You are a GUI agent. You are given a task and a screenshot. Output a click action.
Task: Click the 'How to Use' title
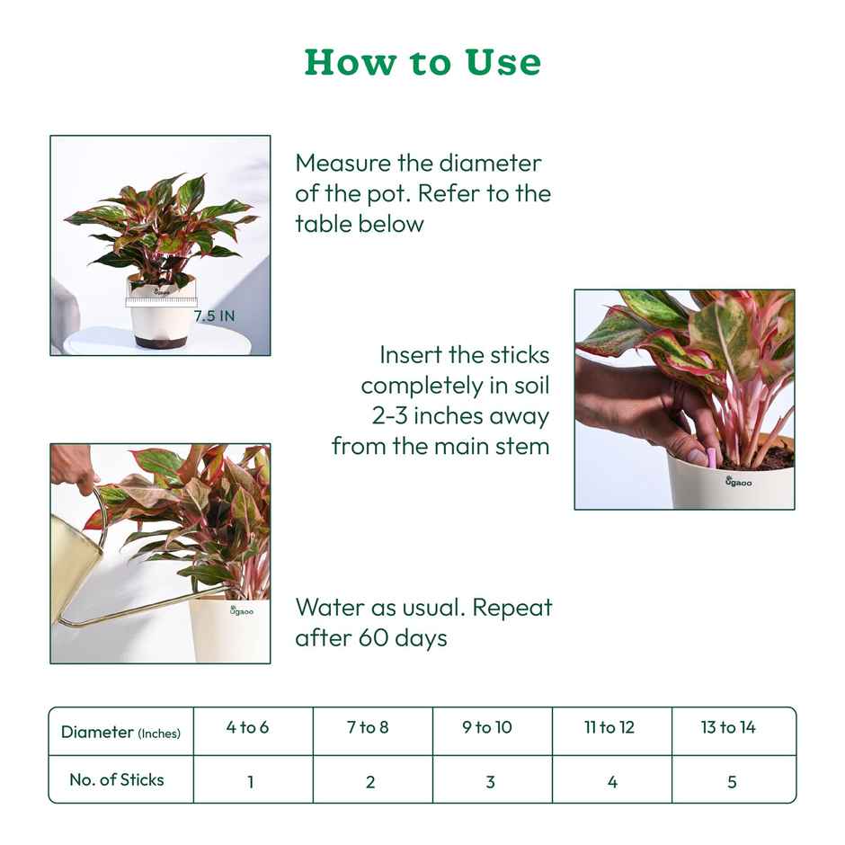click(x=422, y=62)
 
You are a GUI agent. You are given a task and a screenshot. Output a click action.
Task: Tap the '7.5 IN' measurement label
click(x=215, y=316)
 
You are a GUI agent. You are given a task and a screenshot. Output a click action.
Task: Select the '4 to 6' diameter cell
click(x=247, y=727)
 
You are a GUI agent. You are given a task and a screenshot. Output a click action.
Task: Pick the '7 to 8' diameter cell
click(x=368, y=727)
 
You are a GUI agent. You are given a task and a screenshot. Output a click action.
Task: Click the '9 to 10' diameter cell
click(x=487, y=727)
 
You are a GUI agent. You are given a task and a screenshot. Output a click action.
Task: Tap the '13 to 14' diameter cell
click(x=728, y=727)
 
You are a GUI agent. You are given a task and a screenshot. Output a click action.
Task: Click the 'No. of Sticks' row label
click(x=117, y=779)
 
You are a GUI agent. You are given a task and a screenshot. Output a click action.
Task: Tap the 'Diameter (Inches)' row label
click(x=120, y=732)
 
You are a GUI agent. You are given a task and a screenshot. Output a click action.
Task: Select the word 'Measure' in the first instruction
click(x=344, y=164)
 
